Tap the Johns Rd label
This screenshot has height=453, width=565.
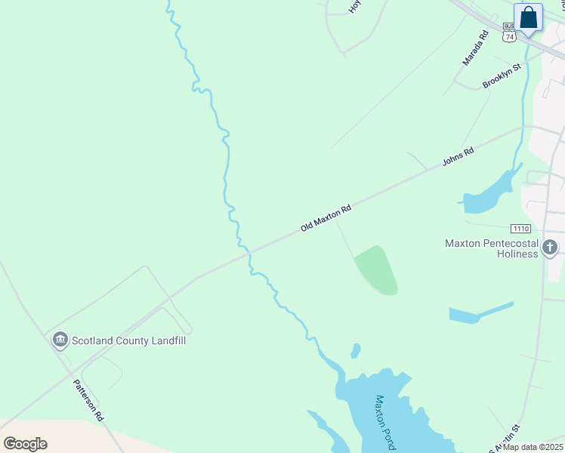coord(458,156)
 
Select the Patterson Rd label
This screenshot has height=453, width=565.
coord(88,399)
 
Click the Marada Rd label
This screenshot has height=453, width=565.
coord(476,48)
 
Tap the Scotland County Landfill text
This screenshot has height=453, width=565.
coord(128,341)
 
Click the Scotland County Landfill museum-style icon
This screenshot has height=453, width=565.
coord(60,341)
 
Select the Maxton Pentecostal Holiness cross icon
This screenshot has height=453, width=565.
coord(550,247)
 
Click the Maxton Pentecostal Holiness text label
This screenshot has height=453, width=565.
coord(491,248)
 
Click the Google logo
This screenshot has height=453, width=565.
coord(26,443)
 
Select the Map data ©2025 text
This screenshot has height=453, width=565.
coord(533,447)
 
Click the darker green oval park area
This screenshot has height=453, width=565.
coord(378,270)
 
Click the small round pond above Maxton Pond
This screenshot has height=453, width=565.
coord(355,351)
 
